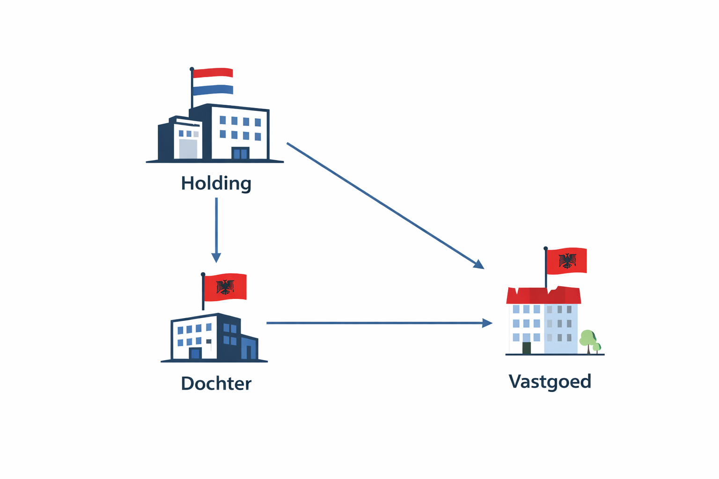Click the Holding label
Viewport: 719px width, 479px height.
pyautogui.click(x=216, y=183)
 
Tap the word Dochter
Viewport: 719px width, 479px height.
pyautogui.click(x=216, y=384)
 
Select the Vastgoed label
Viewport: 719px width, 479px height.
pyautogui.click(x=550, y=382)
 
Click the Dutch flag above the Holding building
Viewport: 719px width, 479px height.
pyautogui.click(x=213, y=81)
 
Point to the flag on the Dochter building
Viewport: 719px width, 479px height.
pyautogui.click(x=225, y=287)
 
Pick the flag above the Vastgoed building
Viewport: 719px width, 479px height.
pyautogui.click(x=566, y=261)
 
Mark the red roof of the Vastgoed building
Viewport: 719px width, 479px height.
pyautogui.click(x=543, y=296)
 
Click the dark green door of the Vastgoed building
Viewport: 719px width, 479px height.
pyautogui.click(x=527, y=348)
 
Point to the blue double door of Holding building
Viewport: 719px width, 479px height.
pyautogui.click(x=240, y=153)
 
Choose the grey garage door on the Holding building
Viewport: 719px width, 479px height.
pyautogui.click(x=188, y=149)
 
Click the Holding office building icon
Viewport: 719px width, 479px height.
pyautogui.click(x=215, y=133)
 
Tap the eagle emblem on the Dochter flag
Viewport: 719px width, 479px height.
pyautogui.click(x=225, y=287)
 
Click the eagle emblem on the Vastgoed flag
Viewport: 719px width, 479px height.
pyautogui.click(x=567, y=261)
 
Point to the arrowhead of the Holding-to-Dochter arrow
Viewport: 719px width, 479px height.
pyautogui.click(x=216, y=258)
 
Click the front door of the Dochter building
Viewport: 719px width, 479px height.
pyautogui.click(x=195, y=354)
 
